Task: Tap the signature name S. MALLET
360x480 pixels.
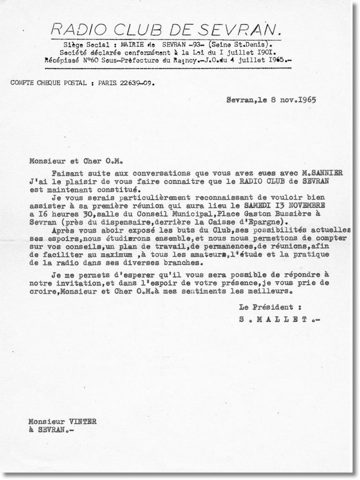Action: (x=273, y=317)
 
